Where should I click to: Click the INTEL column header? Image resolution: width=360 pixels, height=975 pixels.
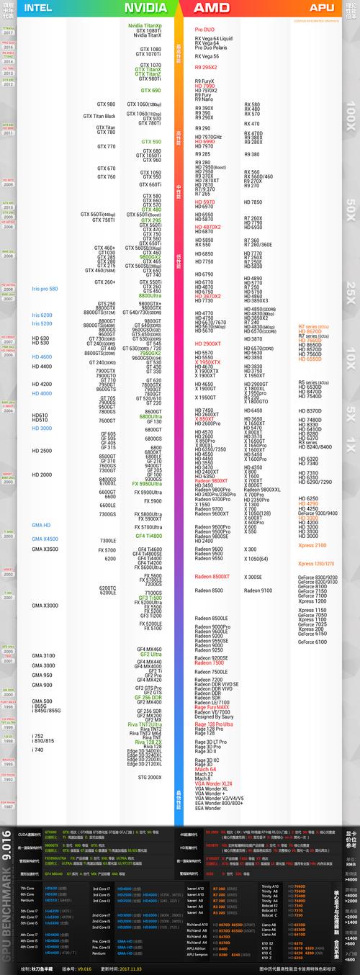click(38, 8)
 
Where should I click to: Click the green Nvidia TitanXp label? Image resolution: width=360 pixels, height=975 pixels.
click(145, 26)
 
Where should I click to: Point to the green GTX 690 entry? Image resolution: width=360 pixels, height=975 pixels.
click(151, 91)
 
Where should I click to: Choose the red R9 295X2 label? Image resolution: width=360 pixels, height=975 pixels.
click(206, 67)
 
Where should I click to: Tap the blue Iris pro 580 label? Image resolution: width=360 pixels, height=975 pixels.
click(45, 289)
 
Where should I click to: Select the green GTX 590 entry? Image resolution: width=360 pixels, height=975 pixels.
click(151, 142)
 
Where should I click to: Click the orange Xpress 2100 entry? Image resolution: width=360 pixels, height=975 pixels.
click(312, 545)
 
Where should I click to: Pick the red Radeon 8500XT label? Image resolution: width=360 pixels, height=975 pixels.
click(212, 576)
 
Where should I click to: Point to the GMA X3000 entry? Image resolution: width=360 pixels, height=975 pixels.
click(45, 606)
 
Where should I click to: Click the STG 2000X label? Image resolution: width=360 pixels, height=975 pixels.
click(150, 777)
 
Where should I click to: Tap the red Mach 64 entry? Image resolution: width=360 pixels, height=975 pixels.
click(205, 769)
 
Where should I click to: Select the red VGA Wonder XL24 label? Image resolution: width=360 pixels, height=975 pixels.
click(213, 783)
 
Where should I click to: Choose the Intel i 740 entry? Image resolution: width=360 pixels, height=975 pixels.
click(37, 750)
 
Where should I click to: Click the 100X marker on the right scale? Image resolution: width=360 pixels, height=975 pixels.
click(351, 115)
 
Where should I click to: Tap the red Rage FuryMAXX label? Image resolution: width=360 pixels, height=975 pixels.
click(212, 707)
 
